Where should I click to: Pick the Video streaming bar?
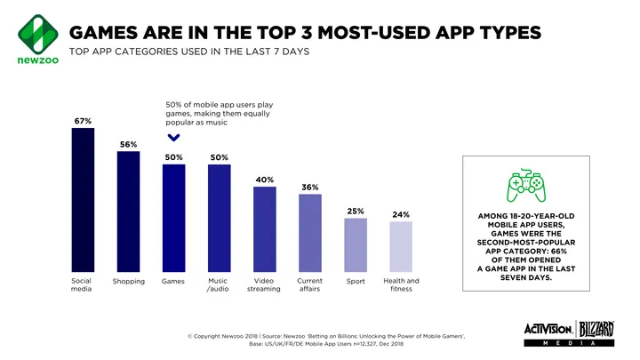coord(265,228)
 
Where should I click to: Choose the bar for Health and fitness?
coord(401,246)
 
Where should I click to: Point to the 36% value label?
coord(309,188)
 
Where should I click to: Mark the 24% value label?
coord(400,214)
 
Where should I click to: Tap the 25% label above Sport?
coord(356,211)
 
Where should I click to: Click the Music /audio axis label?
coord(218,284)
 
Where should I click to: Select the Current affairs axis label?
coord(309,284)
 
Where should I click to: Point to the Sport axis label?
coord(356,282)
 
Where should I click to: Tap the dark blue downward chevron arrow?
coord(173,138)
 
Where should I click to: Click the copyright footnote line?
coord(325,335)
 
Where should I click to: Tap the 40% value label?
coord(264,180)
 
